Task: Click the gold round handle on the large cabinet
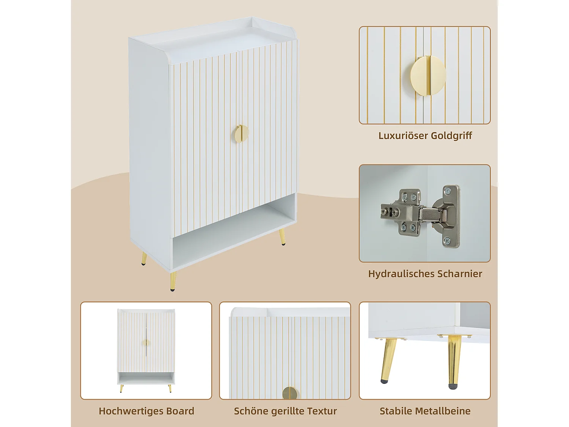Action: click(x=240, y=134)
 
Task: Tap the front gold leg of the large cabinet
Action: click(x=173, y=281)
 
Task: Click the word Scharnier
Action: click(x=460, y=274)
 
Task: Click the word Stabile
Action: click(x=396, y=411)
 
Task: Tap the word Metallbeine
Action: click(x=443, y=411)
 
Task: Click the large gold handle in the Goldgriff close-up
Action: click(x=428, y=76)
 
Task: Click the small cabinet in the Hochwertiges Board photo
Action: click(x=146, y=347)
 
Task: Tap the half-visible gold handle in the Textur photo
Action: click(x=291, y=393)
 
